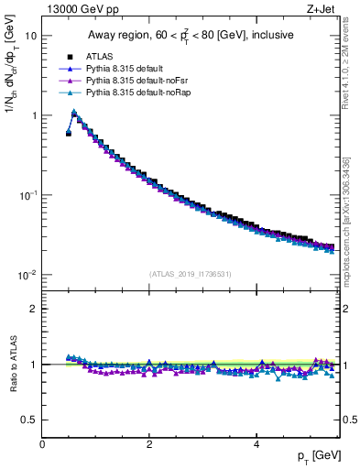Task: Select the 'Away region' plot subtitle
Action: [x=191, y=36]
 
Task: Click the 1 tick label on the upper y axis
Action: [x=34, y=115]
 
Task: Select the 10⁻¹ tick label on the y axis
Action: [x=28, y=195]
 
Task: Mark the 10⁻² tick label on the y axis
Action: [x=28, y=275]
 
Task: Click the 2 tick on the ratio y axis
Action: [x=34, y=309]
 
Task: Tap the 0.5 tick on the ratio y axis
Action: [x=30, y=420]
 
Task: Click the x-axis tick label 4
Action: [x=256, y=444]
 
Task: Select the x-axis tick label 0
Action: [x=42, y=444]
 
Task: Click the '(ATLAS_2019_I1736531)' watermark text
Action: [x=191, y=274]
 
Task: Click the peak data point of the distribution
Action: [x=74, y=114]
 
